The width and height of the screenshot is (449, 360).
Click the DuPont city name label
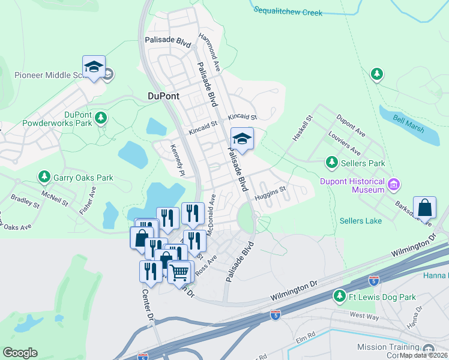click(164, 95)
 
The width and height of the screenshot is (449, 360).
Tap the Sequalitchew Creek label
click(288, 11)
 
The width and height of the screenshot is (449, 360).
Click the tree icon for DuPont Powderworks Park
click(101, 116)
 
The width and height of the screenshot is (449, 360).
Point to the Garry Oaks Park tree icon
click(44, 178)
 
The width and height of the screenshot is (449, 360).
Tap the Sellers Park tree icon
click(331, 163)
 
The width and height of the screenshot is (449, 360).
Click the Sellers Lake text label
click(361, 221)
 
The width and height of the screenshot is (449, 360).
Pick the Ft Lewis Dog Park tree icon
click(340, 296)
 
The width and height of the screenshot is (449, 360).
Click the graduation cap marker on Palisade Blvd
click(242, 139)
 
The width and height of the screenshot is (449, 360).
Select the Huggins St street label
click(270, 195)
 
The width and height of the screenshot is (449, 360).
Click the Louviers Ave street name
click(346, 141)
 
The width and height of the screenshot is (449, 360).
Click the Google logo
click(20, 352)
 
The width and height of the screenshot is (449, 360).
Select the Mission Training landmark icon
click(429, 348)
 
